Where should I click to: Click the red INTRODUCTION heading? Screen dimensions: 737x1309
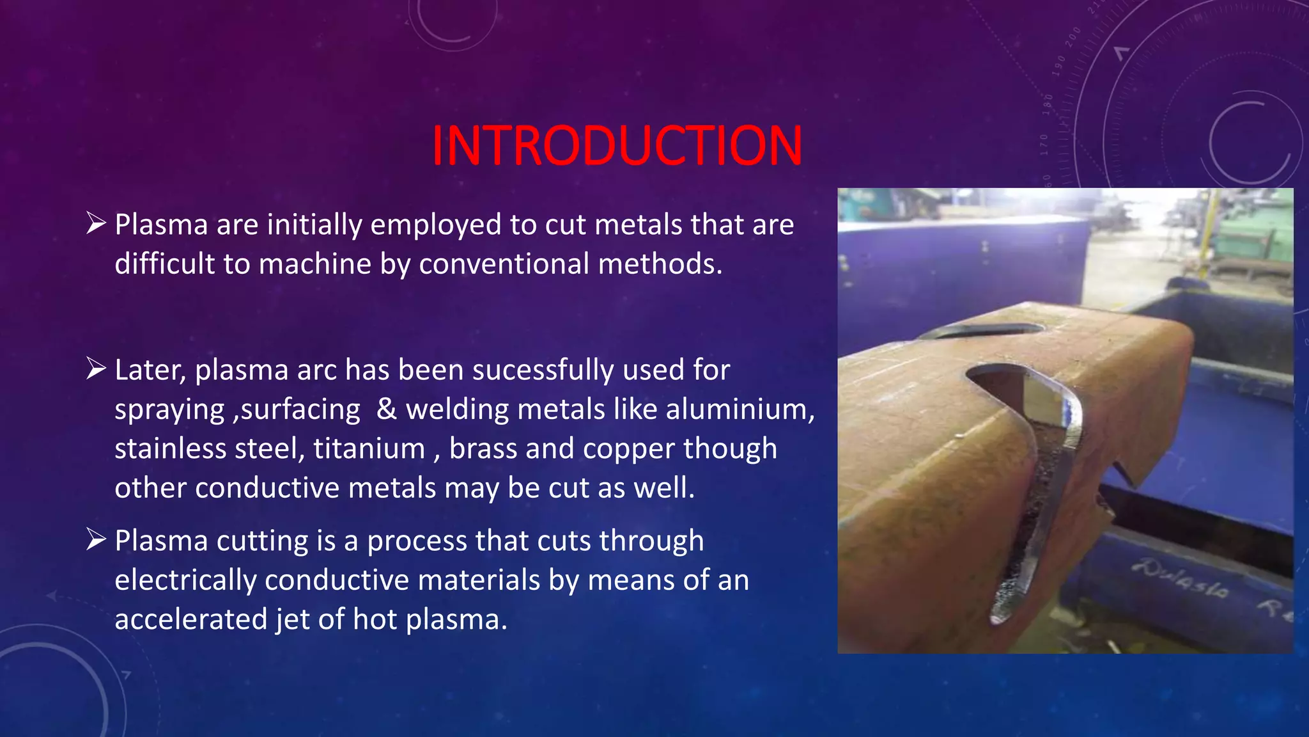click(x=617, y=146)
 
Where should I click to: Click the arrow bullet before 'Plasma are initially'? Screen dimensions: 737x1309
click(x=96, y=223)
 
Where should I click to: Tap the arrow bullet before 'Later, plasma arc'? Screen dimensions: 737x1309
click(x=96, y=368)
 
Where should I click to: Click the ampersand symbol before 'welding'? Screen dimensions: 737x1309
click(x=386, y=409)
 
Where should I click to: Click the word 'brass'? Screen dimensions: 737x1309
click(x=483, y=448)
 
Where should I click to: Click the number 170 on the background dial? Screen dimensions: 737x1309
click(x=1044, y=145)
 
